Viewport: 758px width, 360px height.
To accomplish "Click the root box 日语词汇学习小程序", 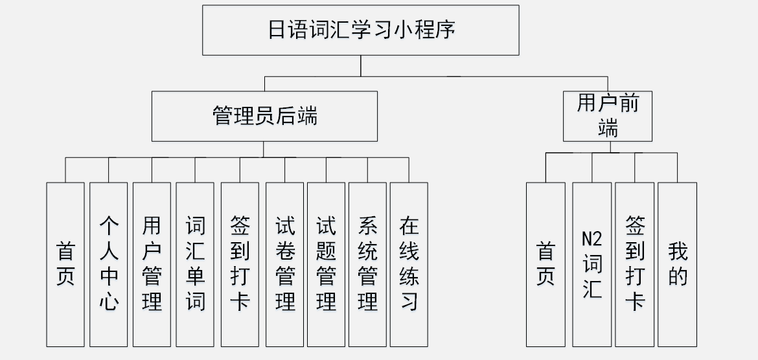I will [361, 30].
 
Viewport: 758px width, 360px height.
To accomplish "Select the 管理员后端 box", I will [264, 116].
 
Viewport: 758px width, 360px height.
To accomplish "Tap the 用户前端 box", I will [607, 116].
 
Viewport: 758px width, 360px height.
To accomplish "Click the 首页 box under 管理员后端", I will [65, 264].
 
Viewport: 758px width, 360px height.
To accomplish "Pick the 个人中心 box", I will [108, 264].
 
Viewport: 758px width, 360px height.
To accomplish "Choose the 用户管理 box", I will [152, 264].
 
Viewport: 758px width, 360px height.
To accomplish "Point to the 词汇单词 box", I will [195, 264].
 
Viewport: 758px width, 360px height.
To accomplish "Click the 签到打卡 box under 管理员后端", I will [240, 264].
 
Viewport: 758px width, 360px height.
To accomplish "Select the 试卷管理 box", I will [284, 264].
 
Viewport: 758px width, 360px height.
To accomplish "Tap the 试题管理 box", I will [326, 264].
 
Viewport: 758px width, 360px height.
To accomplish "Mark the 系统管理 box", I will [367, 264].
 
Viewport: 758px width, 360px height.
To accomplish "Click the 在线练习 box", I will [409, 264].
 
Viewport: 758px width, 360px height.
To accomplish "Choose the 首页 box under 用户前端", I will [546, 264].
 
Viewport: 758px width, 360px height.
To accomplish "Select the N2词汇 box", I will [591, 264].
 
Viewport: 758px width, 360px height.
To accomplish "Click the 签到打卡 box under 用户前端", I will [634, 264].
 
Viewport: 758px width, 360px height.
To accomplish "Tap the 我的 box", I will [677, 264].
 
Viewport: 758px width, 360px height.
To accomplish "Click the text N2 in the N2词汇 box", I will [591, 239].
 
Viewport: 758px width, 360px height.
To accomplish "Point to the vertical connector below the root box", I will [361, 66].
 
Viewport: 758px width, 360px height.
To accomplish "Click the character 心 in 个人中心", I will [108, 301].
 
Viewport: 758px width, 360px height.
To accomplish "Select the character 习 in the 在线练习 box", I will [409, 301].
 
